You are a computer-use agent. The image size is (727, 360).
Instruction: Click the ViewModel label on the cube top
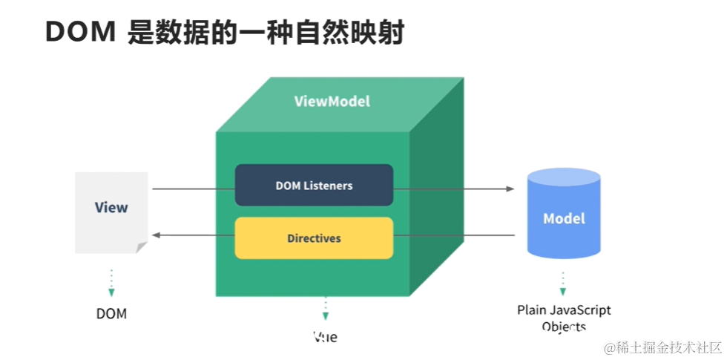click(x=332, y=102)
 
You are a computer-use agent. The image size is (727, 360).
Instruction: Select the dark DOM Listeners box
click(x=314, y=186)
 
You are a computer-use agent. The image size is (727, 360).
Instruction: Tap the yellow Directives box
click(x=314, y=238)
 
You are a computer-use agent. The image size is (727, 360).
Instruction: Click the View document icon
click(x=111, y=212)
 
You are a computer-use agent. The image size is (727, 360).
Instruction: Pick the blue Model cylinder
click(x=564, y=219)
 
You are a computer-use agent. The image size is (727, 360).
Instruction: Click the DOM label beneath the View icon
click(x=111, y=313)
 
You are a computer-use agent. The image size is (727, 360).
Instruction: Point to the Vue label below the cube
click(x=325, y=336)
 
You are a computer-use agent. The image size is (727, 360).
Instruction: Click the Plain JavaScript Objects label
click(x=564, y=318)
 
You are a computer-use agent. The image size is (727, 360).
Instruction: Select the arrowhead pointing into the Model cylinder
click(x=510, y=189)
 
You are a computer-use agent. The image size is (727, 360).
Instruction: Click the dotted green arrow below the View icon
click(x=111, y=283)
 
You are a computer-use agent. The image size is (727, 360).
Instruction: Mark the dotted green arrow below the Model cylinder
click(x=563, y=284)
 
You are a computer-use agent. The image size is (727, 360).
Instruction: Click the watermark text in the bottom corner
click(x=662, y=347)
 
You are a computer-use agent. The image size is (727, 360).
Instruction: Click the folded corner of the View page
click(x=142, y=247)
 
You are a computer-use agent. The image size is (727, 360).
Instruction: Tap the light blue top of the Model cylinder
click(x=564, y=177)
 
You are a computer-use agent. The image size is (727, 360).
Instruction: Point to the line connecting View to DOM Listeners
click(x=193, y=189)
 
